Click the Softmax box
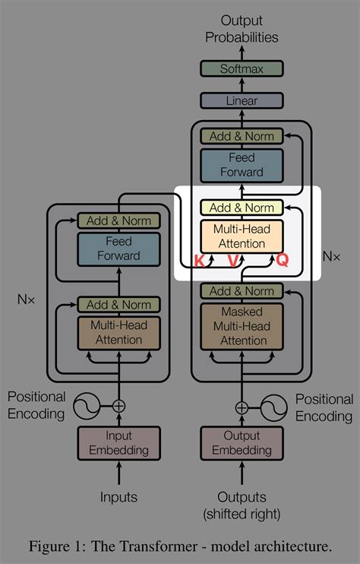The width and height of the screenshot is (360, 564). (241, 68)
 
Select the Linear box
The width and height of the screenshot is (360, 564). (241, 100)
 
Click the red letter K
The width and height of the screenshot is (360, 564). (199, 261)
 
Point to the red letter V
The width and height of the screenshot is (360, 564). (232, 261)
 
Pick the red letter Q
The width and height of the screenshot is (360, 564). (282, 260)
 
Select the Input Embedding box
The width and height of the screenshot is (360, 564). (118, 444)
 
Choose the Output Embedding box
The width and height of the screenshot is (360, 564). (241, 444)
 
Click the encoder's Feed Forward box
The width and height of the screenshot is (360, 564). (118, 248)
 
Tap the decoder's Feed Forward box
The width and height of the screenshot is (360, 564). (241, 165)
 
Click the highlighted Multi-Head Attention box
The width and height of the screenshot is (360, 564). (241, 236)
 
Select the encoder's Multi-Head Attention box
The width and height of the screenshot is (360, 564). (118, 332)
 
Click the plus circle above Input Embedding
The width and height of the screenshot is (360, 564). (118, 406)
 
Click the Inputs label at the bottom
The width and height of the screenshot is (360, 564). (118, 497)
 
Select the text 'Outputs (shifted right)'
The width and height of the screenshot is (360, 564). (241, 505)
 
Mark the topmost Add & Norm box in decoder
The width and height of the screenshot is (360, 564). (241, 136)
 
